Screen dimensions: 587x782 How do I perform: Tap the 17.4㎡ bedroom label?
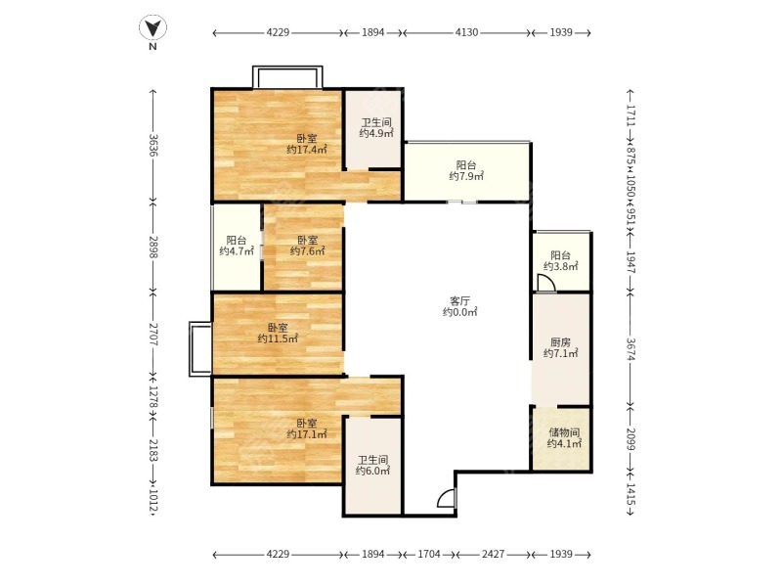(x=307, y=144)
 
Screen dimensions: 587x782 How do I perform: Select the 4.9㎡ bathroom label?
(x=374, y=128)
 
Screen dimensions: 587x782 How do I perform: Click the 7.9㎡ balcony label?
(x=466, y=170)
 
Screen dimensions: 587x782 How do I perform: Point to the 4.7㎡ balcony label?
(x=237, y=246)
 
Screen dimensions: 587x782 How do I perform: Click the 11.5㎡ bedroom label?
(x=278, y=333)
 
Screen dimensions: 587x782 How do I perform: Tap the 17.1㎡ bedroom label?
(x=307, y=429)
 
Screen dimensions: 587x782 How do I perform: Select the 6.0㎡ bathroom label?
(x=372, y=465)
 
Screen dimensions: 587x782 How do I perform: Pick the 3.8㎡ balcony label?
(x=561, y=260)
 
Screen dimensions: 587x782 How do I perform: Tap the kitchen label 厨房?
(x=560, y=347)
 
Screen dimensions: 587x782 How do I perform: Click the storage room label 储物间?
(x=563, y=437)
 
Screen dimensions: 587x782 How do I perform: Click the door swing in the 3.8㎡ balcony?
(x=546, y=283)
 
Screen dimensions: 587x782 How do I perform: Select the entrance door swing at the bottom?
(x=446, y=499)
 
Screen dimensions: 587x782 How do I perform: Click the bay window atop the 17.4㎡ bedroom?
(x=286, y=77)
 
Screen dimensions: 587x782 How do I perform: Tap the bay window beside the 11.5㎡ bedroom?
(x=199, y=347)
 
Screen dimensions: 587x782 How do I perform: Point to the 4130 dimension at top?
(x=466, y=33)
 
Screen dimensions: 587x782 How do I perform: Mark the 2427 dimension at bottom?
(x=493, y=555)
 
